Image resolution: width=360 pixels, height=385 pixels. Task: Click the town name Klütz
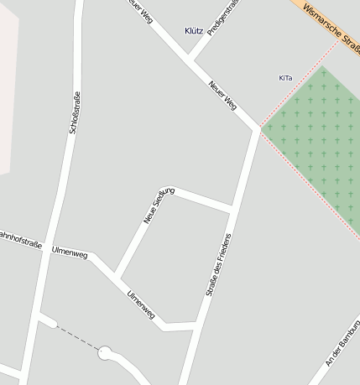pos(193,31)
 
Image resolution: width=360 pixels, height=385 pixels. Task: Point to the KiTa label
pos(285,78)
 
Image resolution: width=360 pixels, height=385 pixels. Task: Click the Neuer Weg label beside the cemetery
pos(223,95)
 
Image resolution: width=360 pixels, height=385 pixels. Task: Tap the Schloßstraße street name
pos(73,113)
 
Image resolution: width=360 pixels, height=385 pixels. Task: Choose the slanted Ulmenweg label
pos(140,304)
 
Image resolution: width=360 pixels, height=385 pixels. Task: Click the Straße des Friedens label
pos(218,265)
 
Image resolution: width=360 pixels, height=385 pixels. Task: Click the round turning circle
pos(105,353)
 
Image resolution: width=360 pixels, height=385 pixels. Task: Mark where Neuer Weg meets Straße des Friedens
pos(258,129)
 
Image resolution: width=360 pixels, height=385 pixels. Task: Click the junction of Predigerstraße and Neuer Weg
pos(190,60)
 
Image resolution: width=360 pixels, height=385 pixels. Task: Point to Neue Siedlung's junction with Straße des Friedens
pos(231,207)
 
